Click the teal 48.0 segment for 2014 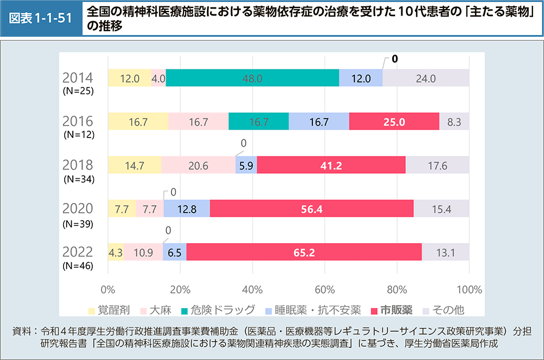(252, 78)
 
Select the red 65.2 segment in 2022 (304, 252)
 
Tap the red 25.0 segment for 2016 (394, 122)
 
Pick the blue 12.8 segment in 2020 (186, 209)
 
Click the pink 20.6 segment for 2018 (198, 165)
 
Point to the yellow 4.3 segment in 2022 (115, 252)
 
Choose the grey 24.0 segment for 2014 (426, 78)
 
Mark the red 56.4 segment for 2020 (312, 209)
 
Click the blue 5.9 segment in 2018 (246, 165)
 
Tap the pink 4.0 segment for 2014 (159, 78)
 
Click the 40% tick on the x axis (252, 288)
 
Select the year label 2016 (77, 120)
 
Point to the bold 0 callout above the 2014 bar (395, 59)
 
